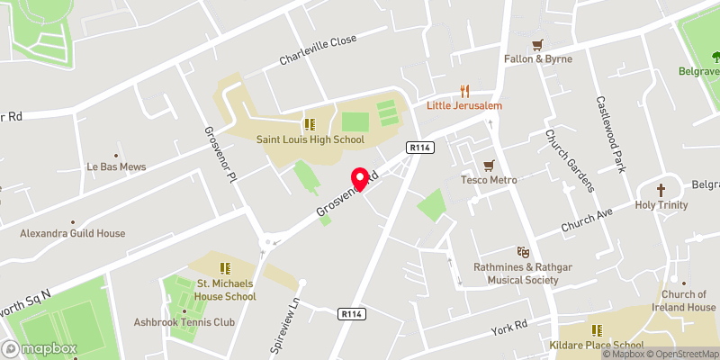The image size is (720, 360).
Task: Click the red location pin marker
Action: pyautogui.click(x=362, y=180)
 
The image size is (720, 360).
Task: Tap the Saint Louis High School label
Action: pyautogui.click(x=310, y=139)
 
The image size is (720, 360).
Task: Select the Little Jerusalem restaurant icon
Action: pyautogui.click(x=465, y=90)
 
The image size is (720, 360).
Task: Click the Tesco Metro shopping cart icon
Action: pyautogui.click(x=489, y=166)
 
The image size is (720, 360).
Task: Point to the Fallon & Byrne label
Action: pyautogui.click(x=537, y=58)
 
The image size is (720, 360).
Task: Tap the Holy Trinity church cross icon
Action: pyautogui.click(x=661, y=191)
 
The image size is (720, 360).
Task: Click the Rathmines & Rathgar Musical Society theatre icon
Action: pyautogui.click(x=520, y=253)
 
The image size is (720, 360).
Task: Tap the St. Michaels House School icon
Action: pyautogui.click(x=225, y=267)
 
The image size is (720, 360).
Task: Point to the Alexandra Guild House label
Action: pyautogui.click(x=73, y=233)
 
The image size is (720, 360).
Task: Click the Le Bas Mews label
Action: pyautogui.click(x=116, y=166)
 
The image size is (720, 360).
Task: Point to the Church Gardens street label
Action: pyautogui.click(x=570, y=160)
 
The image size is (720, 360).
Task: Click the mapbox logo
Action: pyautogui.click(x=40, y=348)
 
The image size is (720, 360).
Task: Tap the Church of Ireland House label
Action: pyautogui.click(x=688, y=301)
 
